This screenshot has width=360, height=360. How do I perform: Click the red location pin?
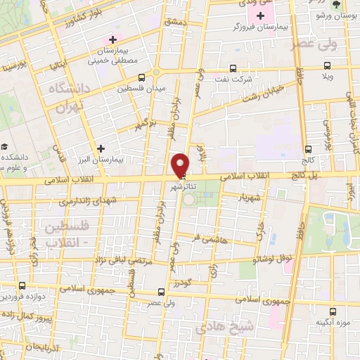tap(180, 164)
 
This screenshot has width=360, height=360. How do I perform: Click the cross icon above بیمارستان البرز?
tap(103, 148)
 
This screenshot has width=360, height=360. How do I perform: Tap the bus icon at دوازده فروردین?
tap(24, 285)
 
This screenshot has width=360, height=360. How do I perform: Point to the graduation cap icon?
tap(4, 147)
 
